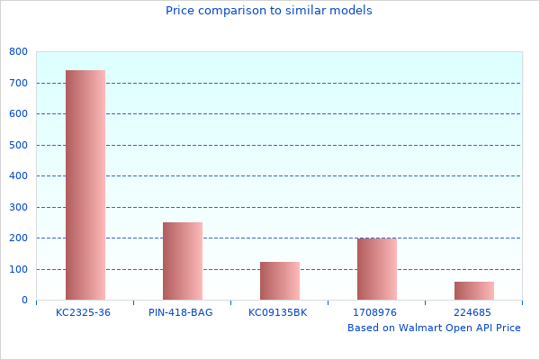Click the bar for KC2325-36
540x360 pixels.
pyautogui.click(x=85, y=184)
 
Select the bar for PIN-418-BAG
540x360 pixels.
pyautogui.click(x=183, y=261)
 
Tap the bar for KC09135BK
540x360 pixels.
pyautogui.click(x=280, y=281)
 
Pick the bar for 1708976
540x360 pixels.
pyautogui.click(x=377, y=269)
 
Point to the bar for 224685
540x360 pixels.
pyautogui.click(x=474, y=291)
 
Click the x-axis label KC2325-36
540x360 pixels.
pyautogui.click(x=83, y=312)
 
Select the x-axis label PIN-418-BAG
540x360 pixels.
pyautogui.click(x=181, y=312)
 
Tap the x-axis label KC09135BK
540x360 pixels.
pyautogui.click(x=278, y=312)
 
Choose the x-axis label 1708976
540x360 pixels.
pyautogui.click(x=375, y=312)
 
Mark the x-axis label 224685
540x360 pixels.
pyautogui.click(x=472, y=312)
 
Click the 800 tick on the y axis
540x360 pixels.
pyautogui.click(x=18, y=52)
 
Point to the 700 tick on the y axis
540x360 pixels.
pyautogui.click(x=18, y=83)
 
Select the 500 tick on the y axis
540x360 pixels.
pyautogui.click(x=18, y=145)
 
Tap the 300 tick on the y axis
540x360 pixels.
pyautogui.click(x=18, y=207)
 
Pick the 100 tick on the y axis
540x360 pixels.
pyautogui.click(x=18, y=269)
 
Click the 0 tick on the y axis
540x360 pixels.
pyautogui.click(x=23, y=301)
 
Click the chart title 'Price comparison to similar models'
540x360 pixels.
pyautogui.click(x=269, y=11)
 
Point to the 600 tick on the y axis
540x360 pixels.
pyautogui.click(x=18, y=114)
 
